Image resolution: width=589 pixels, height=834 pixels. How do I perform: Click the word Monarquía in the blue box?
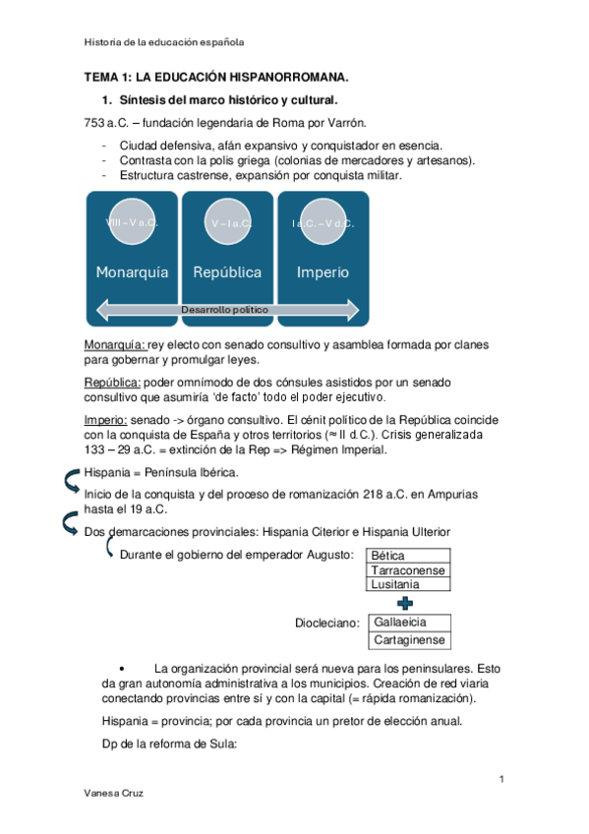132,272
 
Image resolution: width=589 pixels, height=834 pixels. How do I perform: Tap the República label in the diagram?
227,272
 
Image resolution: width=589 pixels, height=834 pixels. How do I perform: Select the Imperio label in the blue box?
323,272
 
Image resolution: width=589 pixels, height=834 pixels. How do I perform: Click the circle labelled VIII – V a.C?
132,222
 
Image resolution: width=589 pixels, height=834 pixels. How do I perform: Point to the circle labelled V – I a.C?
227,222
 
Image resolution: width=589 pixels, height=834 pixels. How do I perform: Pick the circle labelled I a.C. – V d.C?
324,222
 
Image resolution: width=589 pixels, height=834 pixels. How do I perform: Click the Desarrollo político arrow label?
224,310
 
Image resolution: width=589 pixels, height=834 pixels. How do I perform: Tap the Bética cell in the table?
408,556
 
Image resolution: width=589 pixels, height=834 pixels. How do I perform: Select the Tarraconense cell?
408,570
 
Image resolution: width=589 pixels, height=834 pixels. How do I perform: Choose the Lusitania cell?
408,584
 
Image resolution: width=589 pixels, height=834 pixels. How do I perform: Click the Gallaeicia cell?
409,623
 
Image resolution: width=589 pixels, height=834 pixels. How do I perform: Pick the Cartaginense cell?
409,640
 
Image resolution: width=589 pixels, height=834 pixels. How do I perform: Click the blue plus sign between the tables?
405,603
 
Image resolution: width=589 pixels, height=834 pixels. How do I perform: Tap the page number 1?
501,779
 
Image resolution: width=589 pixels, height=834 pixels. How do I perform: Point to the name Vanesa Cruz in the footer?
113,793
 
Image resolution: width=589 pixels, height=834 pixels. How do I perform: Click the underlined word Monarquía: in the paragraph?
114,344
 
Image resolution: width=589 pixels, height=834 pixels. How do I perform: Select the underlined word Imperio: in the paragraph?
105,420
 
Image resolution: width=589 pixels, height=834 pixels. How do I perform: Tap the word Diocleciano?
327,623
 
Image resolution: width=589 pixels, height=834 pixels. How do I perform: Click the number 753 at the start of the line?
94,123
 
